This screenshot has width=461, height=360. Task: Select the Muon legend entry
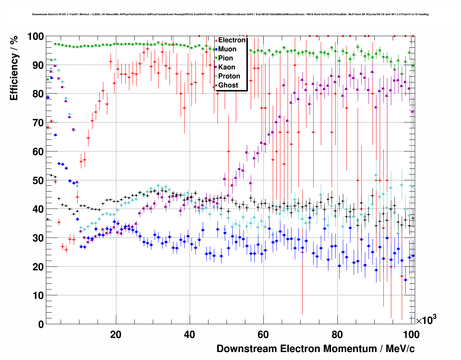(227, 49)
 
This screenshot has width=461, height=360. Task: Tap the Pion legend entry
(225, 58)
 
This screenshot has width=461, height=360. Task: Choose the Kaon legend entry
(227, 67)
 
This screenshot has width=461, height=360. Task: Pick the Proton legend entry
(229, 76)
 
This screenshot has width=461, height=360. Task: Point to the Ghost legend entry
(228, 85)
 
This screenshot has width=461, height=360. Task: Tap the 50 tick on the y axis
(38, 180)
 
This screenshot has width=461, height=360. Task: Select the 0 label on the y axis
(40, 324)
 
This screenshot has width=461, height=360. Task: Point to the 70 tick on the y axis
(38, 123)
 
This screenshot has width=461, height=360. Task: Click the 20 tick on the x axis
(116, 335)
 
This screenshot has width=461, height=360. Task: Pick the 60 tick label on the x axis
(263, 335)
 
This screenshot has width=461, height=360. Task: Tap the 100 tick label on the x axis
(411, 335)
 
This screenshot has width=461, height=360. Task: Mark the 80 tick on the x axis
(337, 335)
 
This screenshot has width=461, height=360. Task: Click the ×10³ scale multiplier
(426, 320)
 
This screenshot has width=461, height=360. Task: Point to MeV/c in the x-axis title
(400, 349)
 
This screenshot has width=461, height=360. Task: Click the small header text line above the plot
(230, 14)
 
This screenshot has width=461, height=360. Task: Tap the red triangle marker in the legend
(216, 40)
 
